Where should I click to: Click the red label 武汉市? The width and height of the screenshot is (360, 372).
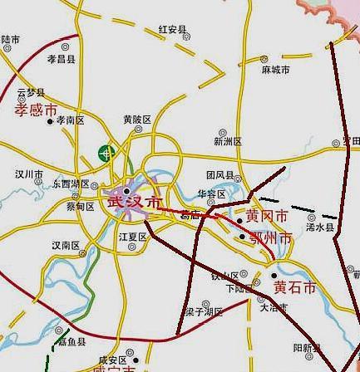pyautogui.click(x=135, y=203)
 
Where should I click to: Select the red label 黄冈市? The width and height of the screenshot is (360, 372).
pyautogui.click(x=267, y=217)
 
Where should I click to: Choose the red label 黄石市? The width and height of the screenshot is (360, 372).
pyautogui.click(x=295, y=287)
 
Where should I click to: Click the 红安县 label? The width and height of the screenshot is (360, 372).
pyautogui.click(x=173, y=30)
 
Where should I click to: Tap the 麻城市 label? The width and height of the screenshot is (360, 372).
pyautogui.click(x=276, y=71)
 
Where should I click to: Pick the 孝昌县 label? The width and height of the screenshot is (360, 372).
pyautogui.click(x=61, y=60)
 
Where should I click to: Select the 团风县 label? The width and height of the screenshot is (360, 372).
pyautogui.click(x=220, y=175)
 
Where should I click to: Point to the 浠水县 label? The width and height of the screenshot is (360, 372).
pyautogui.click(x=319, y=227)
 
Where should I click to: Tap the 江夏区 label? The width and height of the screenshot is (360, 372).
pyautogui.click(x=132, y=237)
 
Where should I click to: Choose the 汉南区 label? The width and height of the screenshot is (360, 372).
pyautogui.click(x=66, y=246)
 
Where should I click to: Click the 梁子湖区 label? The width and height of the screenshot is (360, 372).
pyautogui.click(x=205, y=312)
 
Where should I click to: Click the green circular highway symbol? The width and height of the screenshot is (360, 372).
pyautogui.click(x=106, y=154)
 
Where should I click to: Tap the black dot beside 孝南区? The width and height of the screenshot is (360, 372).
pyautogui.click(x=50, y=121)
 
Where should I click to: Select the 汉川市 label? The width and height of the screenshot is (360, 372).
pyautogui.click(x=28, y=175)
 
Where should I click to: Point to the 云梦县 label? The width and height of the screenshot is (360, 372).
pyautogui.click(x=31, y=92)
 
